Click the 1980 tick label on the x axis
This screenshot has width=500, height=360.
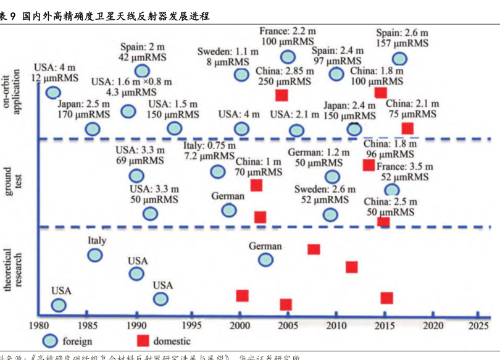pos(40,325)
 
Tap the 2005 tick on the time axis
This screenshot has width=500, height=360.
pos(288,325)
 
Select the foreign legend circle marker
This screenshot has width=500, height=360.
pos(50,340)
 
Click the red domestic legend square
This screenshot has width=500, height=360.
pos(143,340)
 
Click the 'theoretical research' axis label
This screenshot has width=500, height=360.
pos(14,269)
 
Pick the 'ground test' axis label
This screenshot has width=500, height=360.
pos(14,182)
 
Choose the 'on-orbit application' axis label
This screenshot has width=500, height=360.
pos(14,93)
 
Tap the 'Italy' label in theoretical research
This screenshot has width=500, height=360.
pos(97,240)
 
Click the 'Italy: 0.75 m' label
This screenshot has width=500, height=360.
pos(209,146)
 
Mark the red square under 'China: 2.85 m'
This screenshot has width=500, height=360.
pos(281,94)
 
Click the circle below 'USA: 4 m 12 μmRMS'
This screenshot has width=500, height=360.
pos(53,92)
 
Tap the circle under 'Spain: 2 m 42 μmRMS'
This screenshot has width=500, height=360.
pos(142,71)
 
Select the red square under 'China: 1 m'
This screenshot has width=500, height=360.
pos(256,185)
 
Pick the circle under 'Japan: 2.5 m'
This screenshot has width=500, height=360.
pos(93,128)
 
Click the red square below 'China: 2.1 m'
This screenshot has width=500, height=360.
pos(407,128)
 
